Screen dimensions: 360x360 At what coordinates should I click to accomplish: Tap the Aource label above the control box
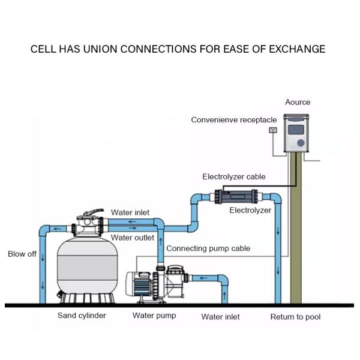297,103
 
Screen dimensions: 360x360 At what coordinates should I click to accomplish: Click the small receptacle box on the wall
273,130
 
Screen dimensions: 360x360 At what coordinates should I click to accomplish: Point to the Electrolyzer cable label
233,177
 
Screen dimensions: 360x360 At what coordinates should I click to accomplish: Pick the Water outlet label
133,238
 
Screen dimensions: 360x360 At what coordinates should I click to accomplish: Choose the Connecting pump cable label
208,248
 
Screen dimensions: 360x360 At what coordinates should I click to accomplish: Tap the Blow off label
22,254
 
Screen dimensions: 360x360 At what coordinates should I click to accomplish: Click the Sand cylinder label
82,316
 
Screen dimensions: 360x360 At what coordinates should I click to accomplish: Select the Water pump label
154,316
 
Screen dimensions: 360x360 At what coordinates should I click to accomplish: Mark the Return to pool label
295,317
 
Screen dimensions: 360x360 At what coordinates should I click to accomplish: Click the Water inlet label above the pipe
130,213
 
